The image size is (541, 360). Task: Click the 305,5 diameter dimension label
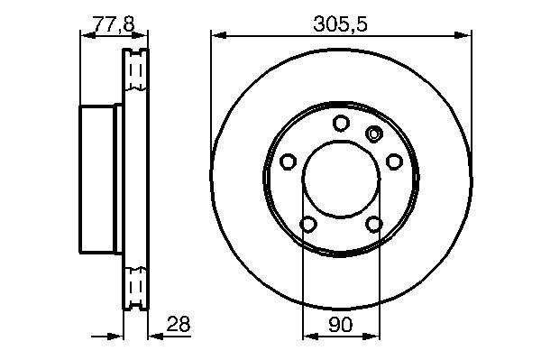pyautogui.click(x=340, y=24)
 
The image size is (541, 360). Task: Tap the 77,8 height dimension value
pyautogui.click(x=114, y=24)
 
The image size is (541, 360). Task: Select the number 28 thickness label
pyautogui.click(x=179, y=324)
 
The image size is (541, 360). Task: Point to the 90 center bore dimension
pyautogui.click(x=341, y=325)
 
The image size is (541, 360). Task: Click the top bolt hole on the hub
pyautogui.click(x=341, y=124)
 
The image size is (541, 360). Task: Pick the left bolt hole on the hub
pyautogui.click(x=289, y=162)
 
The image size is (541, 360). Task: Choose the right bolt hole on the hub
pyautogui.click(x=394, y=162)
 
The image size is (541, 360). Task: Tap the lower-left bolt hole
pyautogui.click(x=308, y=225)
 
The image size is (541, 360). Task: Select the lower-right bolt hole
pyautogui.click(x=374, y=225)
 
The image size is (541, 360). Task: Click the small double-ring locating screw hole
pyautogui.click(x=373, y=134)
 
